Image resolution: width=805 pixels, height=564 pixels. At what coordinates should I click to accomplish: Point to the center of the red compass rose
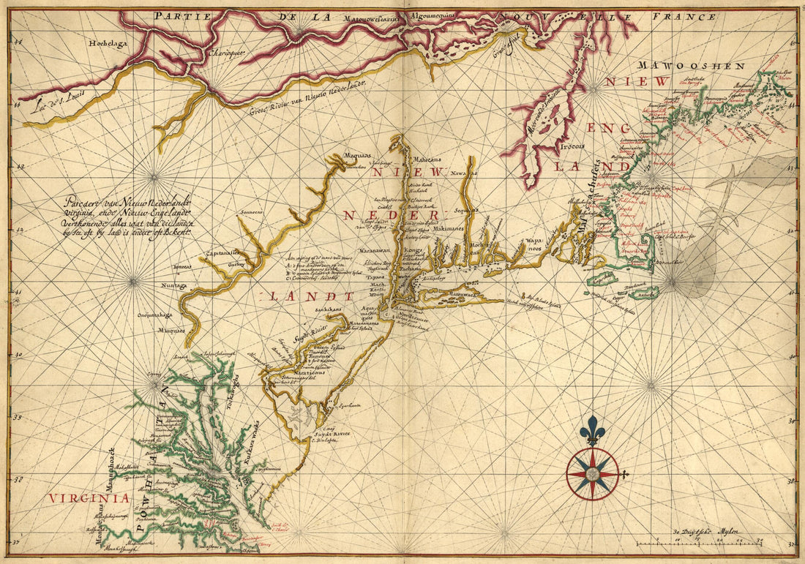tap(593, 474)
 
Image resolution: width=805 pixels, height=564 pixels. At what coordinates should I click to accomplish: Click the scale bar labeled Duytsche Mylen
tap(699, 542)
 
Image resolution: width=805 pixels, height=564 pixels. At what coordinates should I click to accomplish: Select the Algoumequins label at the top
tap(431, 14)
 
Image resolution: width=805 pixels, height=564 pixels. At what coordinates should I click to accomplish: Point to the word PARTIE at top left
tap(175, 15)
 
